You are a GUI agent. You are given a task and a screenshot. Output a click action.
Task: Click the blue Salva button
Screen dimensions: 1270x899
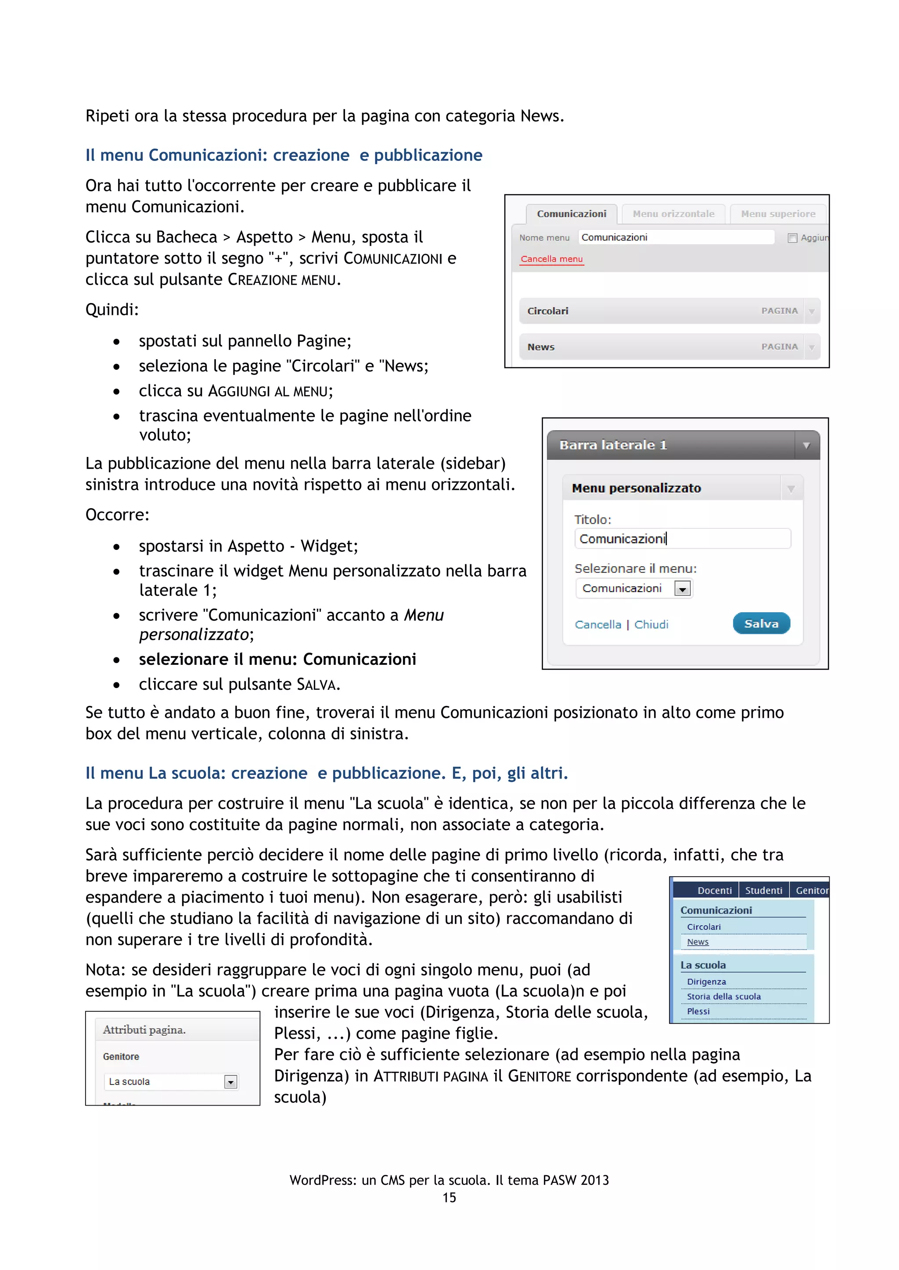(x=761, y=624)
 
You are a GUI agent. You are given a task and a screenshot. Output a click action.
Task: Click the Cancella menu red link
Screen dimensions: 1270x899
(x=551, y=259)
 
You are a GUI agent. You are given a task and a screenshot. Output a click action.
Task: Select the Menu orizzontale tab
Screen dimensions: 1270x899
(x=673, y=214)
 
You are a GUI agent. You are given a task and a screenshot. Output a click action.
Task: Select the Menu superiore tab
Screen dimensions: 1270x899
(x=778, y=214)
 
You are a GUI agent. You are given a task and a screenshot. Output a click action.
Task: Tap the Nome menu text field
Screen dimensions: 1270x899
(x=676, y=237)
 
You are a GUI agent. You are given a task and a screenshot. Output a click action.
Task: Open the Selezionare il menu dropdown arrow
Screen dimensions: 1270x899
(x=683, y=589)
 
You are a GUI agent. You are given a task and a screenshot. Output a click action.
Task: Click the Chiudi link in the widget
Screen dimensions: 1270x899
(x=651, y=624)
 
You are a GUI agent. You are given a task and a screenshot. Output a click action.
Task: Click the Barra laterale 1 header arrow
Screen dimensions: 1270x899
(x=806, y=445)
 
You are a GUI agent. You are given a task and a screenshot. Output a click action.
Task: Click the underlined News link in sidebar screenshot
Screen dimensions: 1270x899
(x=698, y=942)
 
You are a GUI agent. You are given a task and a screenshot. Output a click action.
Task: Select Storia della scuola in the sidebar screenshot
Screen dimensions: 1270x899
(x=723, y=997)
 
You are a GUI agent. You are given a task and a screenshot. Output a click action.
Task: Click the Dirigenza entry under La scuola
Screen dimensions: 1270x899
(x=706, y=982)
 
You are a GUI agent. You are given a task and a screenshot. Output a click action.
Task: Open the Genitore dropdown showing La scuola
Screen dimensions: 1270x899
(x=231, y=1082)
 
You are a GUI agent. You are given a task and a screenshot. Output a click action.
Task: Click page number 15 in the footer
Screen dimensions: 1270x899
(x=449, y=1198)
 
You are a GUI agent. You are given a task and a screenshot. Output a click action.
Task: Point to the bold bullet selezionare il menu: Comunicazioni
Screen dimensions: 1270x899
(x=277, y=659)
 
